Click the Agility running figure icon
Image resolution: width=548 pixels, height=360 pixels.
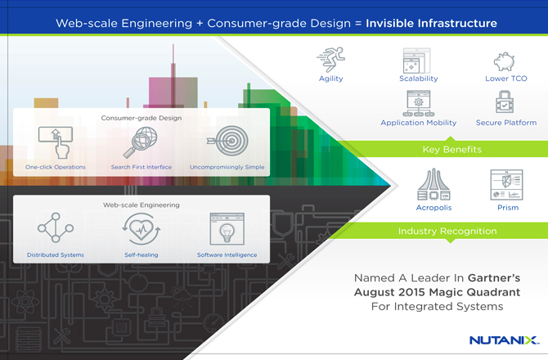click(331, 59)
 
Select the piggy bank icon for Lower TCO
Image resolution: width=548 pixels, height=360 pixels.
click(505, 60)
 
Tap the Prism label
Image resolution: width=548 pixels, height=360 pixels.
click(505, 209)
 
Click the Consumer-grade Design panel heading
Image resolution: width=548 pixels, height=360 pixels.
click(141, 117)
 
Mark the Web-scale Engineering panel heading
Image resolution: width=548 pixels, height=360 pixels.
click(141, 205)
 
